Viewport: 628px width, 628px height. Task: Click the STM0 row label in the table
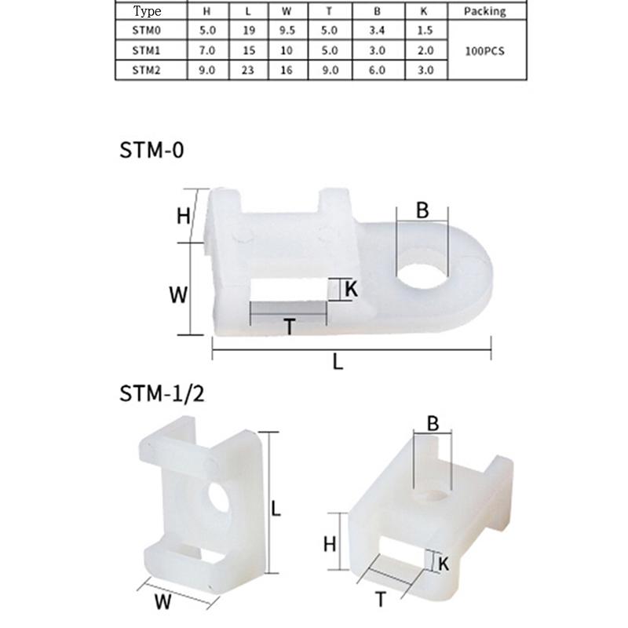[147, 31]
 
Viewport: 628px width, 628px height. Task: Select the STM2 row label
[147, 69]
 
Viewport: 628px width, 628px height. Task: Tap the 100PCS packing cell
[484, 50]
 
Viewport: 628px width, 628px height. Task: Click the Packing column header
[484, 12]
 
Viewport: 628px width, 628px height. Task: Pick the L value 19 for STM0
[248, 31]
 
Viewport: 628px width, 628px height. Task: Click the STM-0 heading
[152, 151]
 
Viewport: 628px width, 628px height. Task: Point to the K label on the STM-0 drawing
[351, 289]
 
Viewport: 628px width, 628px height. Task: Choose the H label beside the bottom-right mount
[330, 542]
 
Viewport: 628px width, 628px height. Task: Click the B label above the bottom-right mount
[433, 423]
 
